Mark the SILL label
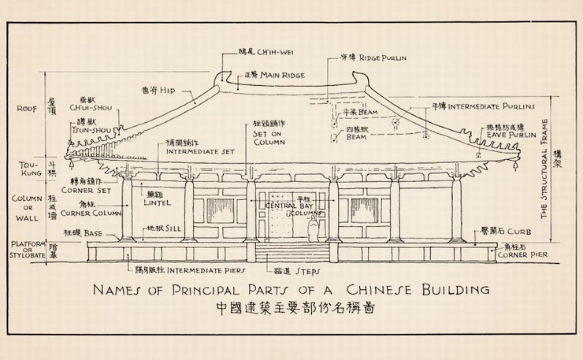[x=168, y=230]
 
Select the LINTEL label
[x=159, y=202]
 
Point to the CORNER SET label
[x=89, y=190]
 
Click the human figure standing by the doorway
[x=313, y=229]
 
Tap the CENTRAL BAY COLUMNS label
[x=289, y=209]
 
